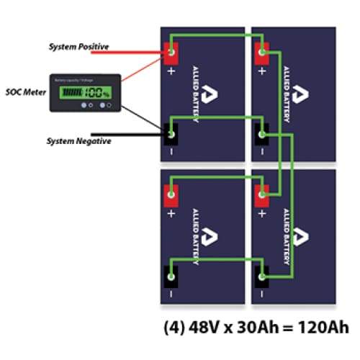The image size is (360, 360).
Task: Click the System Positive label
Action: coord(78,47)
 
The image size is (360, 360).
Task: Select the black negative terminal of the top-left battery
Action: coord(171,133)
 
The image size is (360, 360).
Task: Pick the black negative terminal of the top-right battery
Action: coord(262,133)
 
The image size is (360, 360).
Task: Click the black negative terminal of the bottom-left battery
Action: coord(171,275)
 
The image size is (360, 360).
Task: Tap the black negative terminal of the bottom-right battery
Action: coord(262,275)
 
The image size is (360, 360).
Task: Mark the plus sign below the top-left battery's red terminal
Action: coord(171,71)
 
